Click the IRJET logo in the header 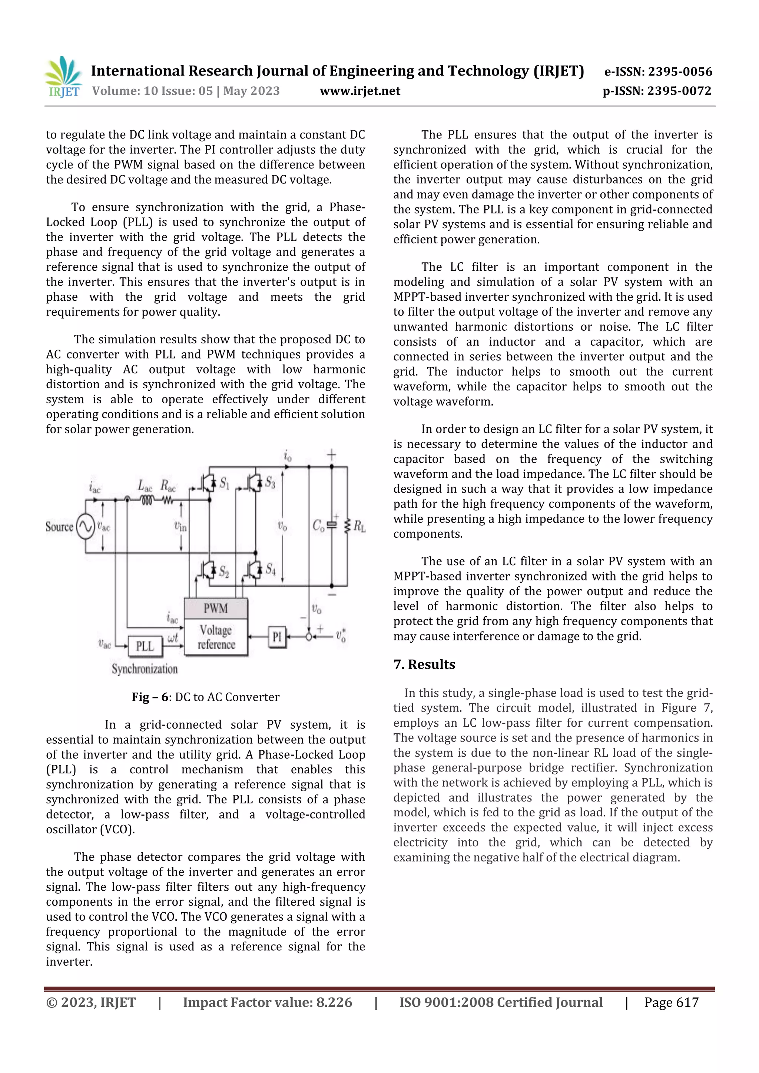[63, 77]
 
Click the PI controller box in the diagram [277, 637]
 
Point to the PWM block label [216, 609]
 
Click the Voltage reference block [216, 637]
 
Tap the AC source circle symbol [86, 527]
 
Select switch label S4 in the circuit [270, 569]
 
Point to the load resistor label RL [359, 527]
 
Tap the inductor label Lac [145, 486]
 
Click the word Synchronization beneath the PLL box [145, 669]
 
